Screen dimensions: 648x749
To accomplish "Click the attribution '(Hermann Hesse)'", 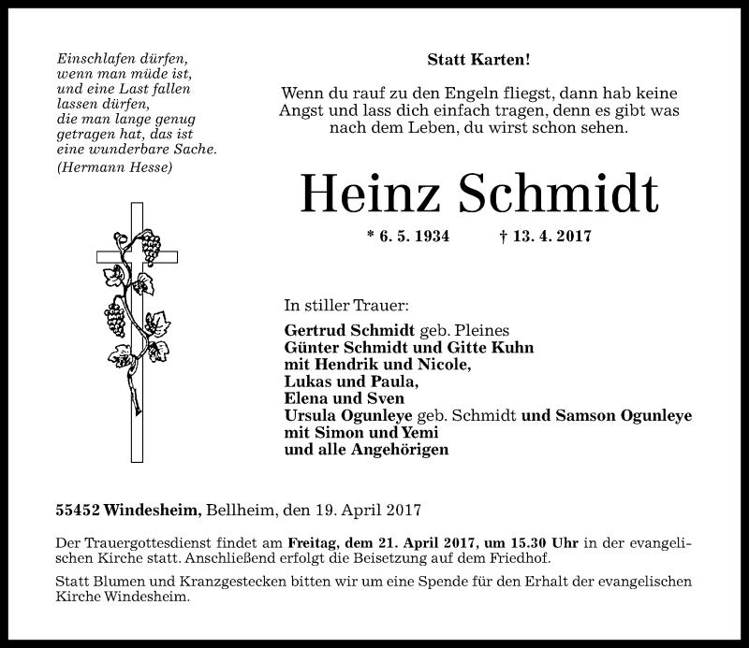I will click(114, 167).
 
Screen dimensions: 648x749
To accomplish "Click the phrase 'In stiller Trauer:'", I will click(345, 306).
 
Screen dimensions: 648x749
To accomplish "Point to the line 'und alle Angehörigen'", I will click(366, 449).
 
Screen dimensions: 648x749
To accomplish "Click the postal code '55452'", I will click(77, 511).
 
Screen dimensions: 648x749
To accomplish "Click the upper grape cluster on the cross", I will click(150, 246).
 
